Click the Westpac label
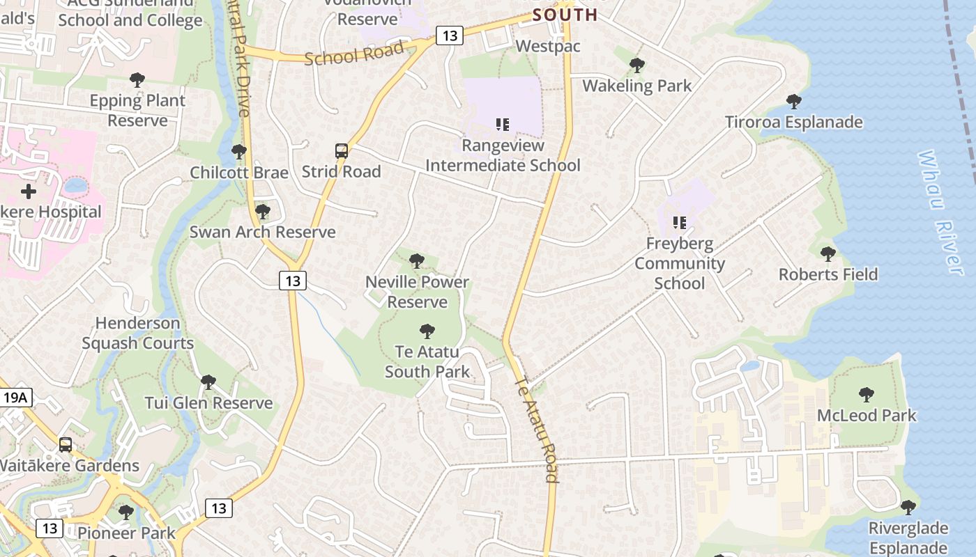point(547,46)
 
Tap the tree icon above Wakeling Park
point(636,65)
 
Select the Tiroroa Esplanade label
point(793,123)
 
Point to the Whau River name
point(941,212)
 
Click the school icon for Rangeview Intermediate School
point(502,125)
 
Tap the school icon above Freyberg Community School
point(679,223)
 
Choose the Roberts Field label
point(828,274)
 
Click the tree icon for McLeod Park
point(866,395)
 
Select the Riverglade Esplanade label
point(908,538)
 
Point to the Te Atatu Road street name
point(537,429)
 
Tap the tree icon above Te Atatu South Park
point(427,331)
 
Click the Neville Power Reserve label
point(417,292)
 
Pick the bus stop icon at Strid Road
point(342,151)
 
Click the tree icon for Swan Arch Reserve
point(262,211)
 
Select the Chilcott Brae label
point(239,172)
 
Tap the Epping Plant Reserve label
point(137,110)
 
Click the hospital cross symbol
point(29,191)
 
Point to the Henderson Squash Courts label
point(138,333)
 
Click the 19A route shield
point(15,398)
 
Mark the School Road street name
point(355,53)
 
